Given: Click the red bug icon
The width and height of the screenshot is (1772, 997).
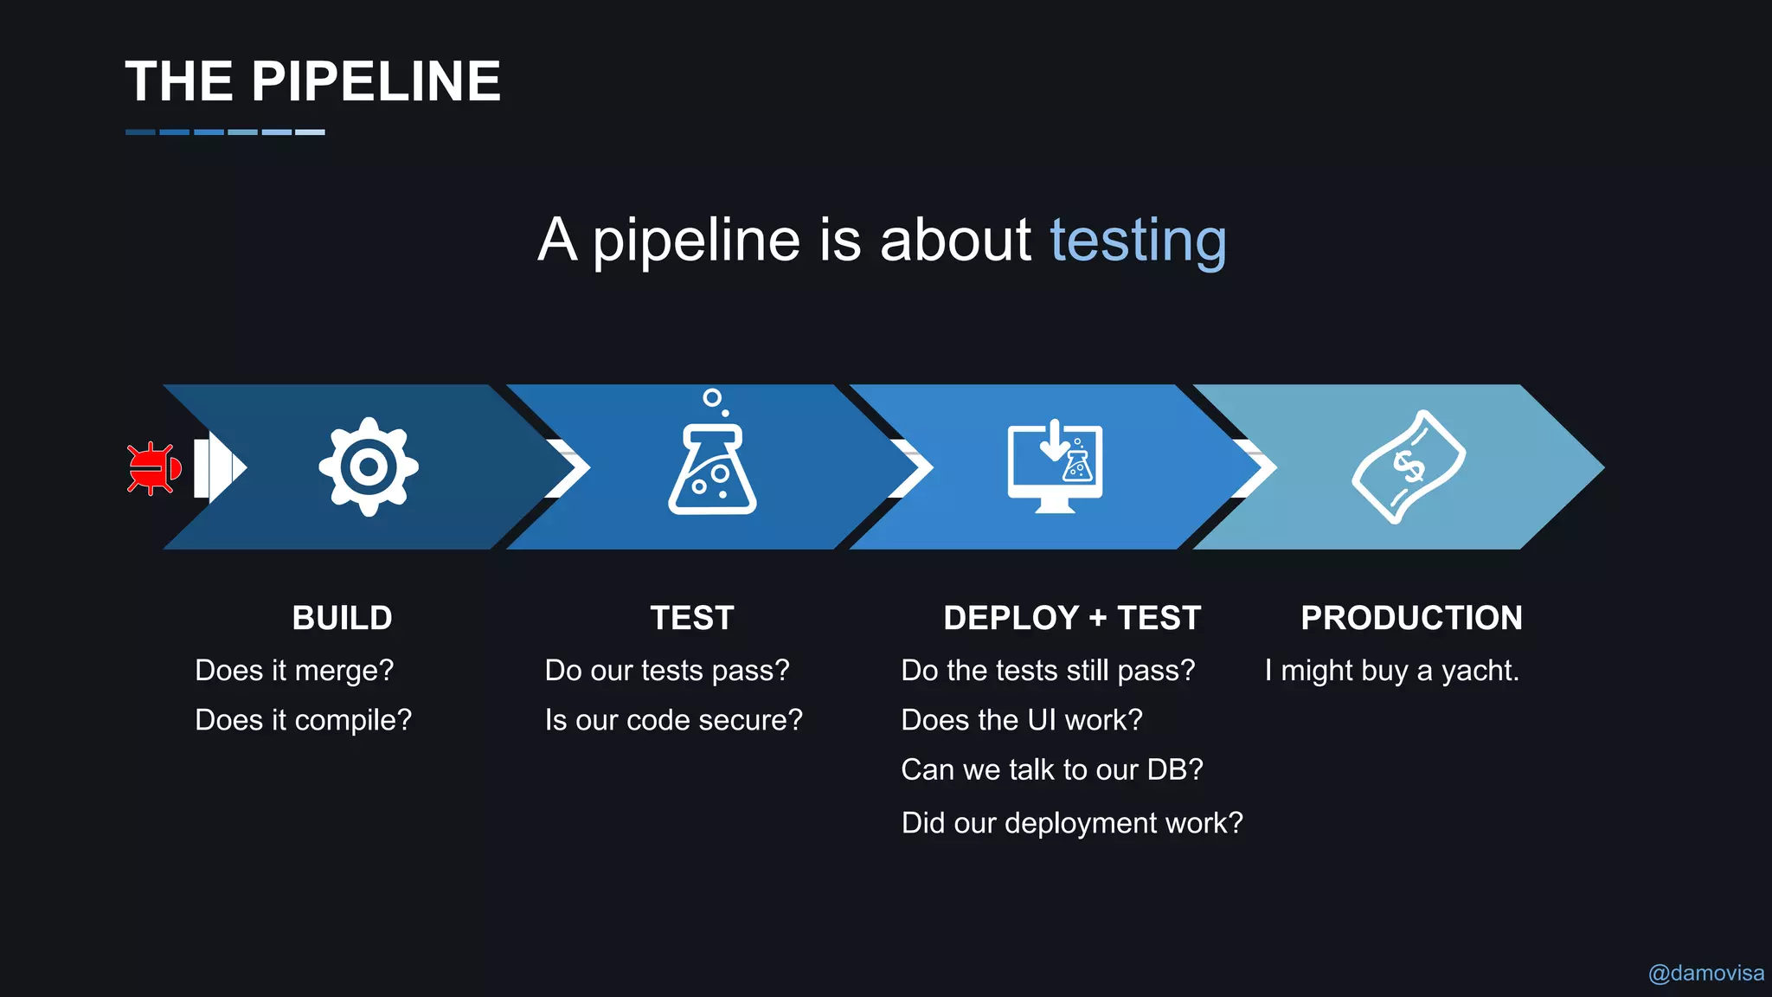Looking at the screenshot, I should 153,468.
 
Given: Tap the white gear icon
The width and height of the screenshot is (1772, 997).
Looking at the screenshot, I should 369,467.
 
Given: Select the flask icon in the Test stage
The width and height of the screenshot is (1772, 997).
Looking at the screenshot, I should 712,467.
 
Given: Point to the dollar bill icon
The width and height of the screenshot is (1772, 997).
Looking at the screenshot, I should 1409,467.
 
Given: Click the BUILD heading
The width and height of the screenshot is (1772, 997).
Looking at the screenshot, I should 342,618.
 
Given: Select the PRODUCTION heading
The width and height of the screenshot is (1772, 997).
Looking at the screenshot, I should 1411,618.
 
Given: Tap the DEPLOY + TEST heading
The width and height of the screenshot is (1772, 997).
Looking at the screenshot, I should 1072,618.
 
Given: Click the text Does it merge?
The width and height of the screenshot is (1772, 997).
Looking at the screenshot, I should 294,671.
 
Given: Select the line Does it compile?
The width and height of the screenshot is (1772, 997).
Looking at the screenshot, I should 303,720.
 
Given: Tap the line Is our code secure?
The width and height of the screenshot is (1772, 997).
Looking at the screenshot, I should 673,720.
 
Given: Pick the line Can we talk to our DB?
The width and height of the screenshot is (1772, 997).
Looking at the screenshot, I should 1051,769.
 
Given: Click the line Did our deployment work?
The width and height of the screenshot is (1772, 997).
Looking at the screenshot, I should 1071,823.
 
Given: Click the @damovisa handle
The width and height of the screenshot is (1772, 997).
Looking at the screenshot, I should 1705,974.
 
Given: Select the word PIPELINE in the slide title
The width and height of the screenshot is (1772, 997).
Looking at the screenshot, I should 376,81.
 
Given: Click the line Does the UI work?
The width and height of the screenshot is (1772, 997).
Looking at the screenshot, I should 1021,720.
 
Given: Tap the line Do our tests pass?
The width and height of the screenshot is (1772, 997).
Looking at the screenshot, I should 666,671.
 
